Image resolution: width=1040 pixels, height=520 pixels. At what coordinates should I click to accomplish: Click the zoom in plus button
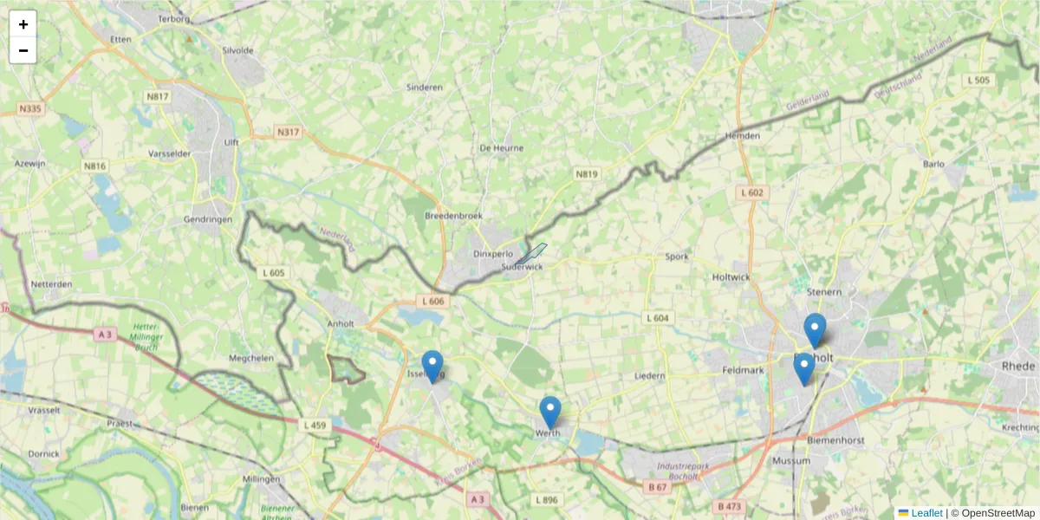click(23, 24)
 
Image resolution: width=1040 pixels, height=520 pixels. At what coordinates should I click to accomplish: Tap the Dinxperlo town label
click(494, 254)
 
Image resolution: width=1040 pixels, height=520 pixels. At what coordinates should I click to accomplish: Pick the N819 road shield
click(587, 174)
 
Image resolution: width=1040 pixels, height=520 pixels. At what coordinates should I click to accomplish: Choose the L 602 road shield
click(752, 192)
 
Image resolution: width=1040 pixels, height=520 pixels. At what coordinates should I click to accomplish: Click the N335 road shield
click(30, 109)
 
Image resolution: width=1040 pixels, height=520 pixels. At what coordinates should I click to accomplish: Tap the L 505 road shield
click(977, 81)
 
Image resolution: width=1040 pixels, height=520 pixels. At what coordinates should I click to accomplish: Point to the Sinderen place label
click(425, 88)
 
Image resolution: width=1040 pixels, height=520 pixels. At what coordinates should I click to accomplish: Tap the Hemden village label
click(743, 136)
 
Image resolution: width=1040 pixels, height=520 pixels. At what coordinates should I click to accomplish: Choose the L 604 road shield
click(657, 318)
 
